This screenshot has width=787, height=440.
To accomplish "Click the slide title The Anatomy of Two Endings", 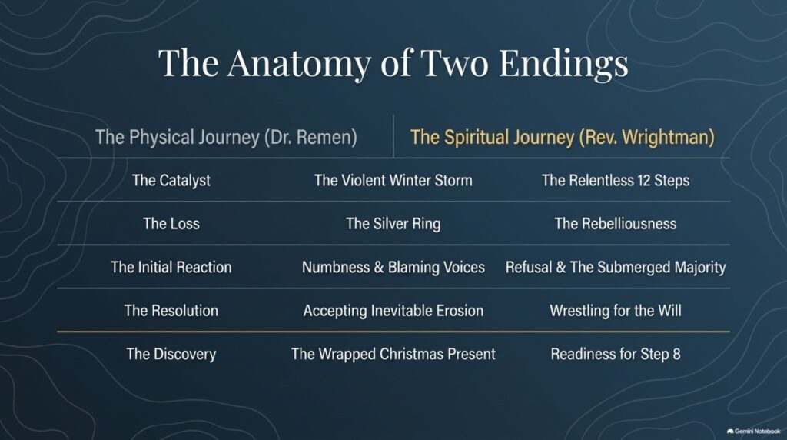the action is click(x=393, y=63).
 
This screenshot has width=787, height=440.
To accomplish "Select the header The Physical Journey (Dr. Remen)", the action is click(x=227, y=137).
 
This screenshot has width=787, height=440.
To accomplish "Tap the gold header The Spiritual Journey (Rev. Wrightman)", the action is click(x=562, y=137).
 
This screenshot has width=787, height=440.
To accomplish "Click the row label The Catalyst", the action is click(x=171, y=180).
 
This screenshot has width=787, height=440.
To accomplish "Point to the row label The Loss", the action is click(x=171, y=224).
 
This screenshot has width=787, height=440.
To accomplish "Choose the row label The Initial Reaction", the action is click(x=171, y=267).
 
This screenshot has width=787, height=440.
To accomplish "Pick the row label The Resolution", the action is click(x=171, y=311).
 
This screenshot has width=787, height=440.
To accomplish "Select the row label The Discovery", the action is click(x=171, y=354).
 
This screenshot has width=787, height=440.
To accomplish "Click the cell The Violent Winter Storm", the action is click(x=393, y=180).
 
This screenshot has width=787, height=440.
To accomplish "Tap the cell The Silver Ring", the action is click(x=393, y=224).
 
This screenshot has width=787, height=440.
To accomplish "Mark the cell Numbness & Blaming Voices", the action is click(x=393, y=267).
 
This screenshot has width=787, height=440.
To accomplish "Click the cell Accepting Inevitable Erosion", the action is click(x=393, y=311).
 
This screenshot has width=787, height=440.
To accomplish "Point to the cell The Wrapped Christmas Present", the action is click(x=393, y=354).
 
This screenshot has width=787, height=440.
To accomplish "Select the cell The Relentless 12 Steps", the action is click(x=616, y=180).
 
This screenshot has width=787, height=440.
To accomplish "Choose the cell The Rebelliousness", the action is click(x=616, y=224).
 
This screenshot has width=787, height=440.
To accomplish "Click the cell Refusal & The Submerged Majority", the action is click(x=616, y=267).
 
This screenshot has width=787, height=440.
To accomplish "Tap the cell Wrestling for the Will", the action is click(x=616, y=311).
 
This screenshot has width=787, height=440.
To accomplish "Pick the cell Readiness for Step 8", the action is click(x=616, y=354).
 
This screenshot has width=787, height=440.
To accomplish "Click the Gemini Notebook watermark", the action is click(x=753, y=432).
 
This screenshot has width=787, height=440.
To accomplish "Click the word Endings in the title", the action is click(x=563, y=65).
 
